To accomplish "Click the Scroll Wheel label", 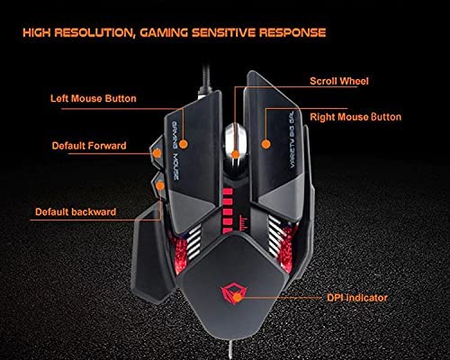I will (x=340, y=81).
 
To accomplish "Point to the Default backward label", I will (x=75, y=212).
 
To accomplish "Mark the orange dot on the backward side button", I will (x=160, y=184).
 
